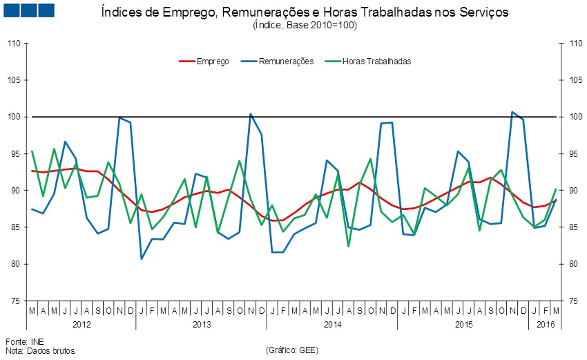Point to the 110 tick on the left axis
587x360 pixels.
pos(14,44)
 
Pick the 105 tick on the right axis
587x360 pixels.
pos(570,80)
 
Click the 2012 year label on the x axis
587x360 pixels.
pos(81,324)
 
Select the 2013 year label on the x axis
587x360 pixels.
pos(202,324)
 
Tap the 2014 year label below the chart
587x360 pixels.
pos(332,324)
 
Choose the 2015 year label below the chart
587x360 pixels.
pos(463,324)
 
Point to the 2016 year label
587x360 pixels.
pos(546,324)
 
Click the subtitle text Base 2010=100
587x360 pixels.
pos(323,25)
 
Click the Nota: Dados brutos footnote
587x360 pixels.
pos(40,350)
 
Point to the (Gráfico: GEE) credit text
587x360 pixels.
pos(291,350)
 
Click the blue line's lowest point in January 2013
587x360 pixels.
pos(142,258)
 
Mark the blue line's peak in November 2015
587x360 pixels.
pos(512,112)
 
